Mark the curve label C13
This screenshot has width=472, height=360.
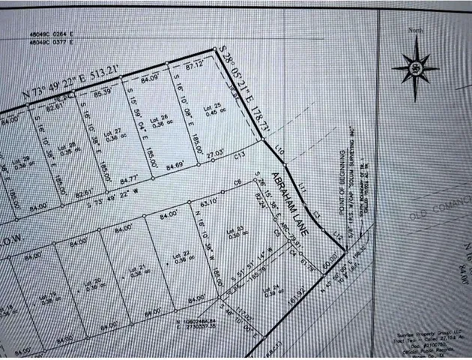239,156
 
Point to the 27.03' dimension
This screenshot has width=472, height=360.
216,152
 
